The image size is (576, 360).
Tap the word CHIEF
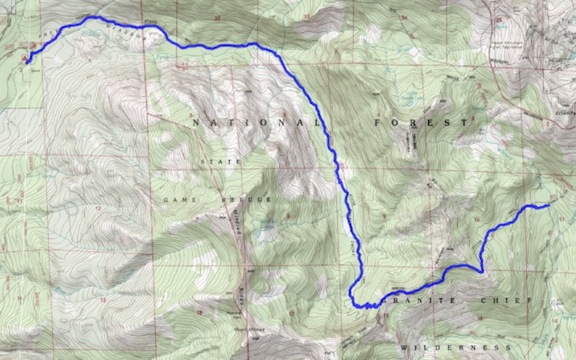[500, 301]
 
